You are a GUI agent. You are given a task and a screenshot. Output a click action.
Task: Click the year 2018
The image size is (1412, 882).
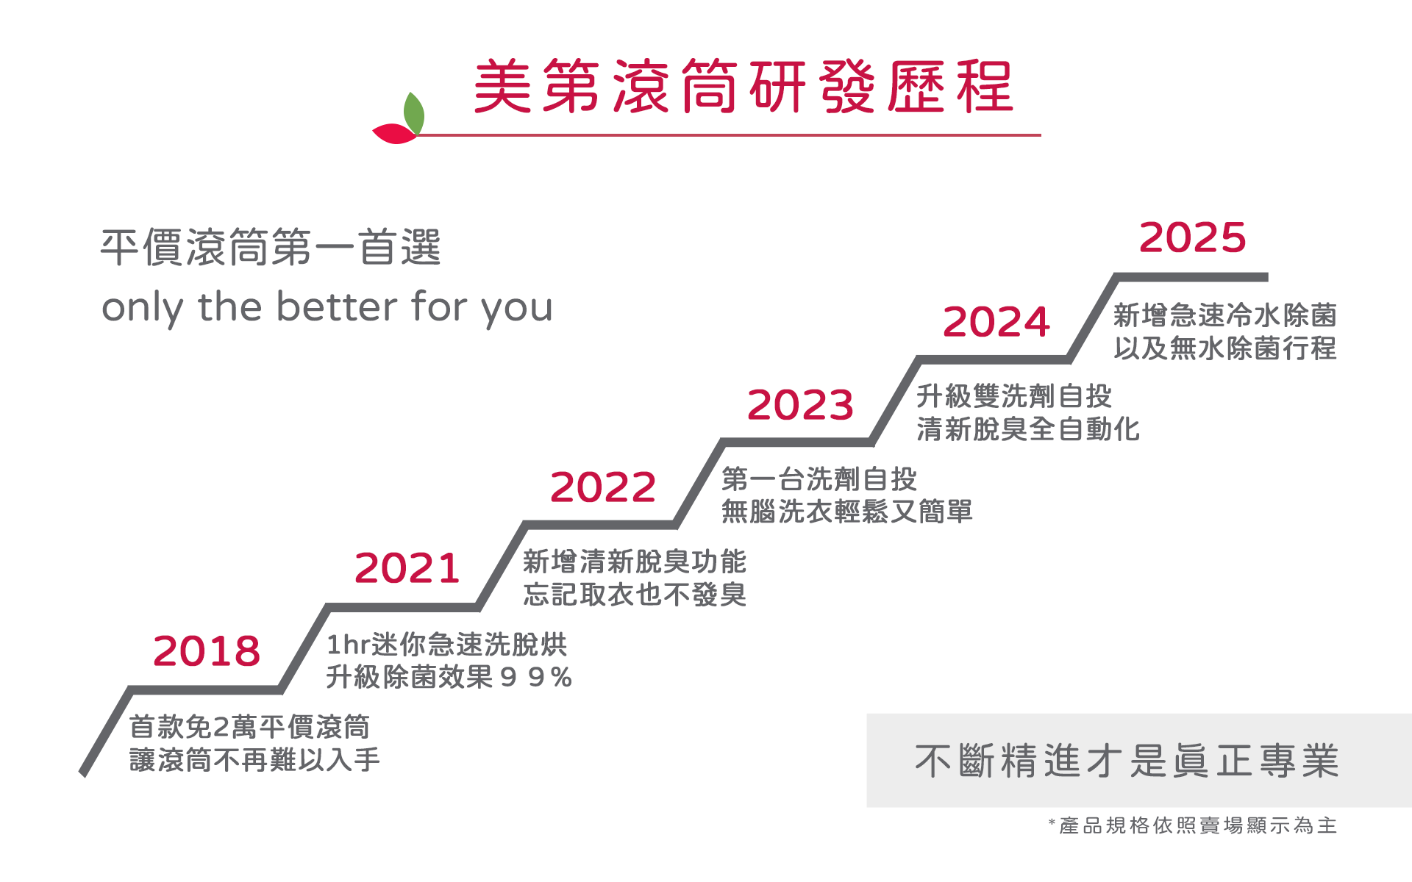(x=207, y=651)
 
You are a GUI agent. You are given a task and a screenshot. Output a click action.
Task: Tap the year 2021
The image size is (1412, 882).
(x=407, y=568)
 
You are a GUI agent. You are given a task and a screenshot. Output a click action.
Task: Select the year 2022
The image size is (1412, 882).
(x=603, y=487)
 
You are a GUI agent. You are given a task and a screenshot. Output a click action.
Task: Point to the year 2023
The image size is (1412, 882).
(x=800, y=405)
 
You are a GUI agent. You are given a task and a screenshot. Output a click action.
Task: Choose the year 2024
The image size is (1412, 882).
(x=996, y=322)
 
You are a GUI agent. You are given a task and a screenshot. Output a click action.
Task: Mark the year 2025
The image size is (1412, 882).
(x=1193, y=237)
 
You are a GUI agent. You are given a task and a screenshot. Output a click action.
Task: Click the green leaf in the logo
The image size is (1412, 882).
(x=415, y=112)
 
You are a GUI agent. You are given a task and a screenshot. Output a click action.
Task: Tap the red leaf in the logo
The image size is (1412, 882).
(x=395, y=134)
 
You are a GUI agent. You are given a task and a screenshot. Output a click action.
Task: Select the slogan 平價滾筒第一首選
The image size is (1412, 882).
(x=271, y=247)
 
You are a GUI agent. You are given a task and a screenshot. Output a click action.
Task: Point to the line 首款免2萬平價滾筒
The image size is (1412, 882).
(x=250, y=727)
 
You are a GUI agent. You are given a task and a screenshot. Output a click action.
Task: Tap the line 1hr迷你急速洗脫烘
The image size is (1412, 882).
(x=446, y=645)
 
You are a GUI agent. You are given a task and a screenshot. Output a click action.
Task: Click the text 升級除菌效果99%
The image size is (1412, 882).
(x=449, y=677)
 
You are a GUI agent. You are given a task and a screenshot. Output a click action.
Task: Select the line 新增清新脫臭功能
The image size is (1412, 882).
(x=635, y=562)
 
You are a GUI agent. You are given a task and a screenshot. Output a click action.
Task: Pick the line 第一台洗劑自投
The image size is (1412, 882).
(x=819, y=479)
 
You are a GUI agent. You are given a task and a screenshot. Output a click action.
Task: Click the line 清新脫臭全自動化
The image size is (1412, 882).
(x=1028, y=429)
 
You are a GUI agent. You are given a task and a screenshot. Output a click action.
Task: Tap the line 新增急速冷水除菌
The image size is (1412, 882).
(x=1225, y=315)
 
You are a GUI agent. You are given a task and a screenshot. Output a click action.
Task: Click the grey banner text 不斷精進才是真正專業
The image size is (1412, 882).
(x=1127, y=761)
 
